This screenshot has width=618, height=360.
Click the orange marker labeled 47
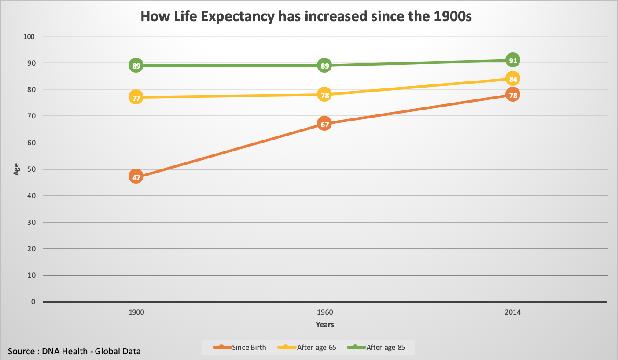pyautogui.click(x=136, y=177)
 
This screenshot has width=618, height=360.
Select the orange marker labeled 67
pyautogui.click(x=324, y=124)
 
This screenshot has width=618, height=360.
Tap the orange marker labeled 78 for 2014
pyautogui.click(x=512, y=95)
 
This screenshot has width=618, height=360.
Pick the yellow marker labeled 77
pyautogui.click(x=136, y=97)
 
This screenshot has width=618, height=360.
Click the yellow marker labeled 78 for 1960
pyautogui.click(x=324, y=95)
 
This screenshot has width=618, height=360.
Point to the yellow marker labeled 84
pyautogui.click(x=512, y=79)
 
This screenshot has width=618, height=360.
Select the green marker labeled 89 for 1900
pyautogui.click(x=136, y=66)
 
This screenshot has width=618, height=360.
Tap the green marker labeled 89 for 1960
pyautogui.click(x=324, y=66)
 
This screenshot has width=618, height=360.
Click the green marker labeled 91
pyautogui.click(x=512, y=60)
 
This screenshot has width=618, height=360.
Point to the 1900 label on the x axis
pyautogui.click(x=136, y=312)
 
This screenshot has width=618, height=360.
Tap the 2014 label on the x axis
pyautogui.click(x=512, y=312)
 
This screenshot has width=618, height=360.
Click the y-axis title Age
pyautogui.click(x=16, y=169)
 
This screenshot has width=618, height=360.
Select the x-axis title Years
pyautogui.click(x=325, y=325)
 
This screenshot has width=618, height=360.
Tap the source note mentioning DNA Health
pyautogui.click(x=74, y=351)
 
